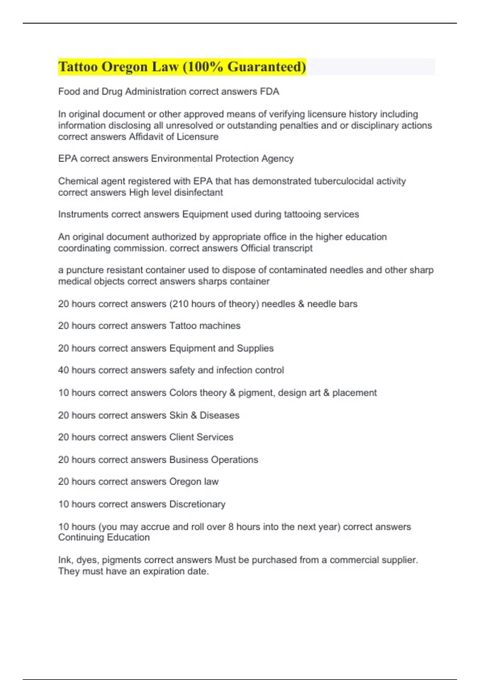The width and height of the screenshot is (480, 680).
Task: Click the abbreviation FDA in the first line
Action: coord(270,92)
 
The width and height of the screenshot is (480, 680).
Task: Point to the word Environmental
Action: coord(182,159)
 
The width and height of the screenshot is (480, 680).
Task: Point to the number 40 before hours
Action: coord(63,370)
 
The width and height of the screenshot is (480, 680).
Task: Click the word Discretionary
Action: coord(197,504)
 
